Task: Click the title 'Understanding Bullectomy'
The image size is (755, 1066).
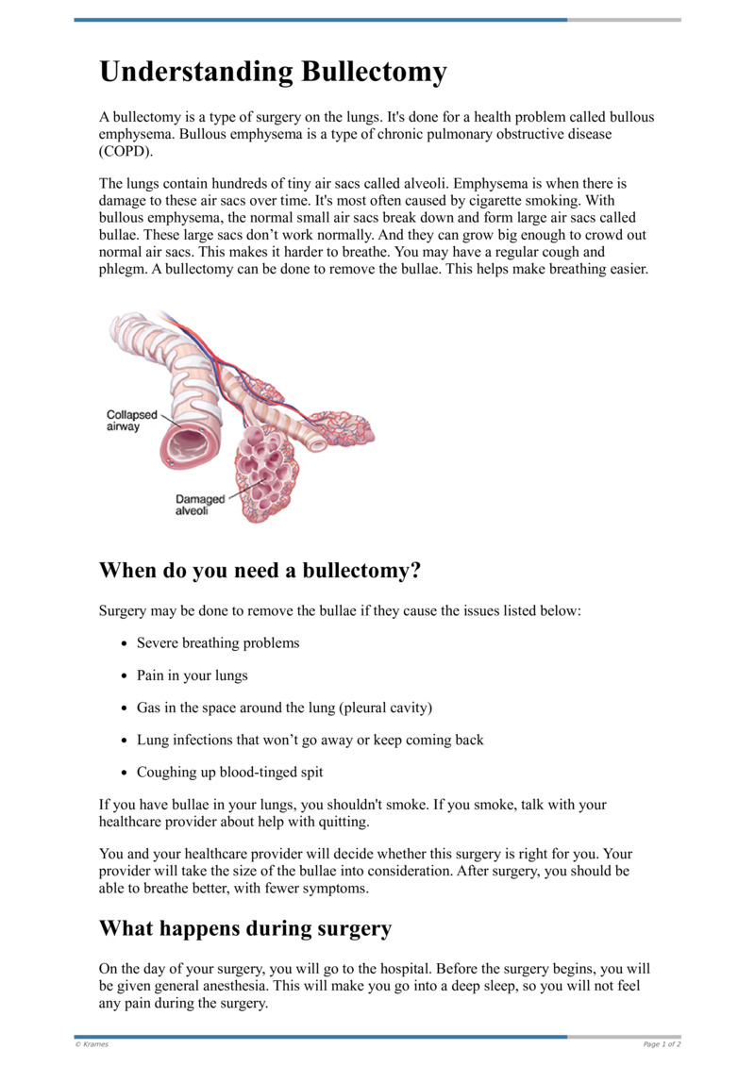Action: click(x=274, y=73)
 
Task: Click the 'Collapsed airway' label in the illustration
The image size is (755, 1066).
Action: click(x=131, y=421)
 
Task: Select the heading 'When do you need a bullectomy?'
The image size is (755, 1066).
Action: click(x=260, y=571)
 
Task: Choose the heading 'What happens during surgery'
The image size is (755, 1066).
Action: click(x=245, y=928)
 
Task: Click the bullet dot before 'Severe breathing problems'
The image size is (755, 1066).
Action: click(x=126, y=643)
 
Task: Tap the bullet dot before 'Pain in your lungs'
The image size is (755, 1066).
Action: click(x=126, y=676)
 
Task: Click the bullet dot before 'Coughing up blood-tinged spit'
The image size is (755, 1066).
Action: click(x=126, y=773)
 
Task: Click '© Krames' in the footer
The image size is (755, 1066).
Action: click(x=92, y=1044)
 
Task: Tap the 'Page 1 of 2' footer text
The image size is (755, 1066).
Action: click(x=662, y=1044)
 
